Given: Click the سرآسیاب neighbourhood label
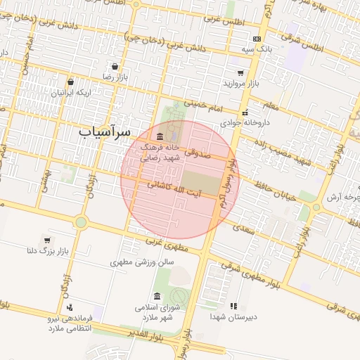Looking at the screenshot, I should pyautogui.click(x=105, y=131).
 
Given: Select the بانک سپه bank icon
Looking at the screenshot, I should pyautogui.click(x=256, y=39).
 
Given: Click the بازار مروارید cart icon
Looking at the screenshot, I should pyautogui.click(x=240, y=72).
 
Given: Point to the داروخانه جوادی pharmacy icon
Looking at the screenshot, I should pyautogui.click(x=245, y=112).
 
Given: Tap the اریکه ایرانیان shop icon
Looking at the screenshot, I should pyautogui.click(x=71, y=82).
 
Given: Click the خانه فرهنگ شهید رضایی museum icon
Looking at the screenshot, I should pyautogui.click(x=160, y=136).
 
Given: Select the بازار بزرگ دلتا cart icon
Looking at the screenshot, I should pyautogui.click(x=47, y=240).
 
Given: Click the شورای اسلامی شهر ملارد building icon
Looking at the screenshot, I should pyautogui.click(x=156, y=296).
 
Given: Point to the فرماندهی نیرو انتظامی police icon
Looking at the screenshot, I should pyautogui.click(x=70, y=307).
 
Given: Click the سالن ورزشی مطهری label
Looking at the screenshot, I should pyautogui.click(x=141, y=262).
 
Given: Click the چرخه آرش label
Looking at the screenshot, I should pyautogui.click(x=340, y=197).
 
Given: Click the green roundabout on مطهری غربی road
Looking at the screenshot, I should pyautogui.click(x=81, y=223).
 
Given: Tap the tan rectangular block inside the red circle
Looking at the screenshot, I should pyautogui.click(x=200, y=179).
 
